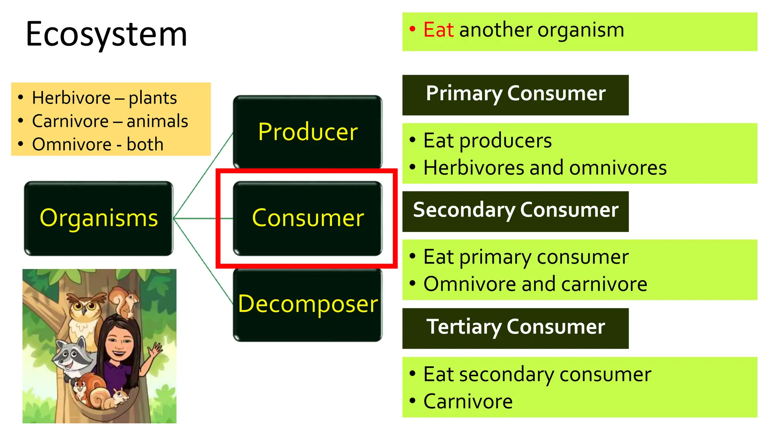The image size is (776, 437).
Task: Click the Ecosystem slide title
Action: tap(106, 34)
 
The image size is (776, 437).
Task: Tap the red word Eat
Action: tap(438, 30)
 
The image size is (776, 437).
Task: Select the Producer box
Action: tap(308, 132)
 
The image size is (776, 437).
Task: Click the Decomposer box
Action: tap(308, 304)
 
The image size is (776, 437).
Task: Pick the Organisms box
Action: tap(99, 218)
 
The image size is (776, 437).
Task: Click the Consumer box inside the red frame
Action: tap(308, 218)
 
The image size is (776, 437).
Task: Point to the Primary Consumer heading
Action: tap(515, 94)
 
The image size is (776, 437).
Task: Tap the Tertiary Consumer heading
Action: tap(515, 327)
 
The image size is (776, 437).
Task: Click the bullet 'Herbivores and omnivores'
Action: tap(544, 168)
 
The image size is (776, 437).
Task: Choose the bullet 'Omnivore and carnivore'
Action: tap(535, 285)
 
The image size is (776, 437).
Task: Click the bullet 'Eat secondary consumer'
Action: tap(537, 375)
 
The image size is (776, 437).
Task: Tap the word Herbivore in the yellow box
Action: tap(71, 98)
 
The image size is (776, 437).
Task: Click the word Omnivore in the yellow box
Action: tap(72, 145)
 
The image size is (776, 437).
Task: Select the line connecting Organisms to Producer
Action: tap(203, 176)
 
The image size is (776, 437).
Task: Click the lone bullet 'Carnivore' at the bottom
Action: tap(468, 402)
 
